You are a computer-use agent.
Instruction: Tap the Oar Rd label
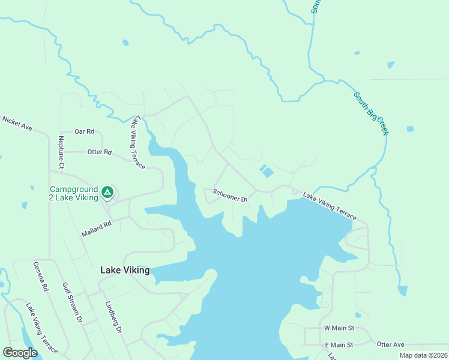pyautogui.click(x=85, y=131)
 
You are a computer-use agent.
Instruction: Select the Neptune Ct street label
pyautogui.click(x=61, y=152)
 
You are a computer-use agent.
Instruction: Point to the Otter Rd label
pyautogui.click(x=100, y=152)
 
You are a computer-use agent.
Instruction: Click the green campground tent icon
pyautogui.click(x=107, y=192)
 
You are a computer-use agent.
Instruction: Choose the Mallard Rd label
pyautogui.click(x=97, y=230)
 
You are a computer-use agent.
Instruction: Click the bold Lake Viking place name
pyautogui.click(x=124, y=270)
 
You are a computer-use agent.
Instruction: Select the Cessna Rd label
pyautogui.click(x=41, y=277)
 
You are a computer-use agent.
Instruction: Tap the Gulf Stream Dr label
pyautogui.click(x=71, y=303)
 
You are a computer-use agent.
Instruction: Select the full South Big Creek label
pyautogui.click(x=370, y=113)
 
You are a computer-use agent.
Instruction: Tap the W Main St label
pyautogui.click(x=339, y=328)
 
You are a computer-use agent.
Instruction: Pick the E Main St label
pyautogui.click(x=339, y=345)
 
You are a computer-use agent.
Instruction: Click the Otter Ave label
pyautogui.click(x=391, y=344)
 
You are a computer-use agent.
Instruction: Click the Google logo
pyautogui.click(x=20, y=353)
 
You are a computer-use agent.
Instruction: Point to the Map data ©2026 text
pyautogui.click(x=423, y=355)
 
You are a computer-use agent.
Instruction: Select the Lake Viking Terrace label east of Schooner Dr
pyautogui.click(x=330, y=206)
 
